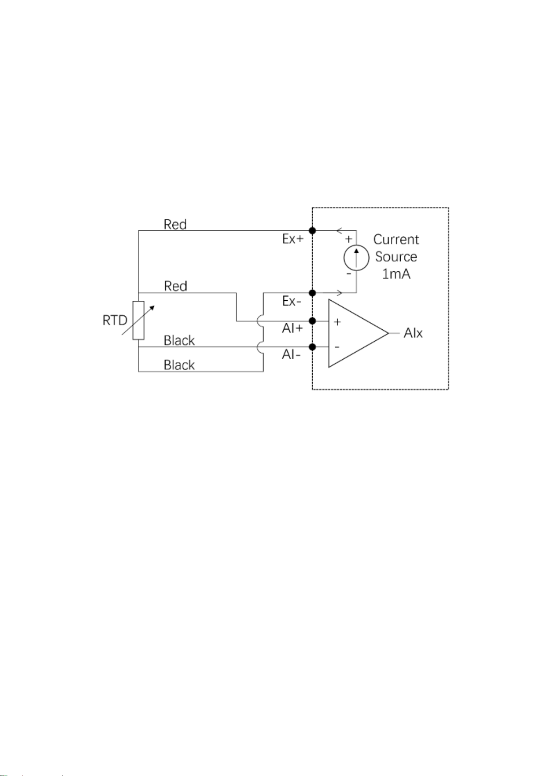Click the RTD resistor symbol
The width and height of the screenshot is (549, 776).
point(138,321)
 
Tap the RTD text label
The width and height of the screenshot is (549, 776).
point(115,321)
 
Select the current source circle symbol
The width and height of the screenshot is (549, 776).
point(356,258)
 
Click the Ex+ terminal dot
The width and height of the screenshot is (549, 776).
point(312,231)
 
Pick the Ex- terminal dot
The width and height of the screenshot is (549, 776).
point(312,293)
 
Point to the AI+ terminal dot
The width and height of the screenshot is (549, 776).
point(312,321)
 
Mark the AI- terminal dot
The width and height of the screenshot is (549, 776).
point(312,347)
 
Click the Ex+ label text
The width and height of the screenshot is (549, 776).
point(293,239)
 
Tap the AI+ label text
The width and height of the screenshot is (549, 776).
point(292,328)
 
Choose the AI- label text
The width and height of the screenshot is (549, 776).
point(291,355)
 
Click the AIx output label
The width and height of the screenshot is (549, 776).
point(413,333)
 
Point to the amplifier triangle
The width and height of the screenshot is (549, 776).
point(358,333)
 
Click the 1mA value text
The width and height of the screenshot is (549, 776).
point(396,274)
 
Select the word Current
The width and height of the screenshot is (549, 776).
point(396,239)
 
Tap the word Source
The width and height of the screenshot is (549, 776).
point(396,257)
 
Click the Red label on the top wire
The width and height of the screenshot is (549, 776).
point(175,224)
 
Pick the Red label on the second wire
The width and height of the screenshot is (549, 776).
point(175,286)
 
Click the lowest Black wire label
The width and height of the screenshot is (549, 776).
point(179,365)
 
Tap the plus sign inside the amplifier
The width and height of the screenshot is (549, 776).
point(337,322)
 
